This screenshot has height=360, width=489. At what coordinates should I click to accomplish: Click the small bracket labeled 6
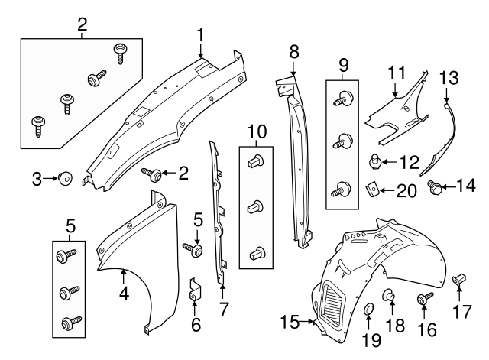(194, 291)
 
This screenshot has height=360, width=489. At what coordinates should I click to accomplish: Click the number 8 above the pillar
(293, 52)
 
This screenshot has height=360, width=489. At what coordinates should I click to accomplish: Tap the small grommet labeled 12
(374, 161)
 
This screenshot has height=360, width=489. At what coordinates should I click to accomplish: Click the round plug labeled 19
(368, 309)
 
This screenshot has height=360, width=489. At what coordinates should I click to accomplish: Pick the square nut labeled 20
(372, 187)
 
